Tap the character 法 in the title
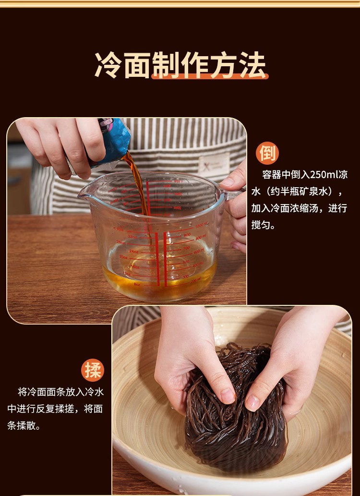point(252,65)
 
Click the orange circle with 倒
point(267,154)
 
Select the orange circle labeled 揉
point(92,370)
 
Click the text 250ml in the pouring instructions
point(321,175)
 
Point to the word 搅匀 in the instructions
point(261,225)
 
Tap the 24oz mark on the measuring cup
point(133,251)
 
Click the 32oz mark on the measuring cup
point(132,236)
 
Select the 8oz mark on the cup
point(137,284)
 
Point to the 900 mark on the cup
point(187,235)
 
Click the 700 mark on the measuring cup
point(186,248)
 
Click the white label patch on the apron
point(214,164)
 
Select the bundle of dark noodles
point(236,411)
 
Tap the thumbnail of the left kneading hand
point(227,396)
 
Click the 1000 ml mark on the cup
point(202,225)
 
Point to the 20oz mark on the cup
point(124,257)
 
